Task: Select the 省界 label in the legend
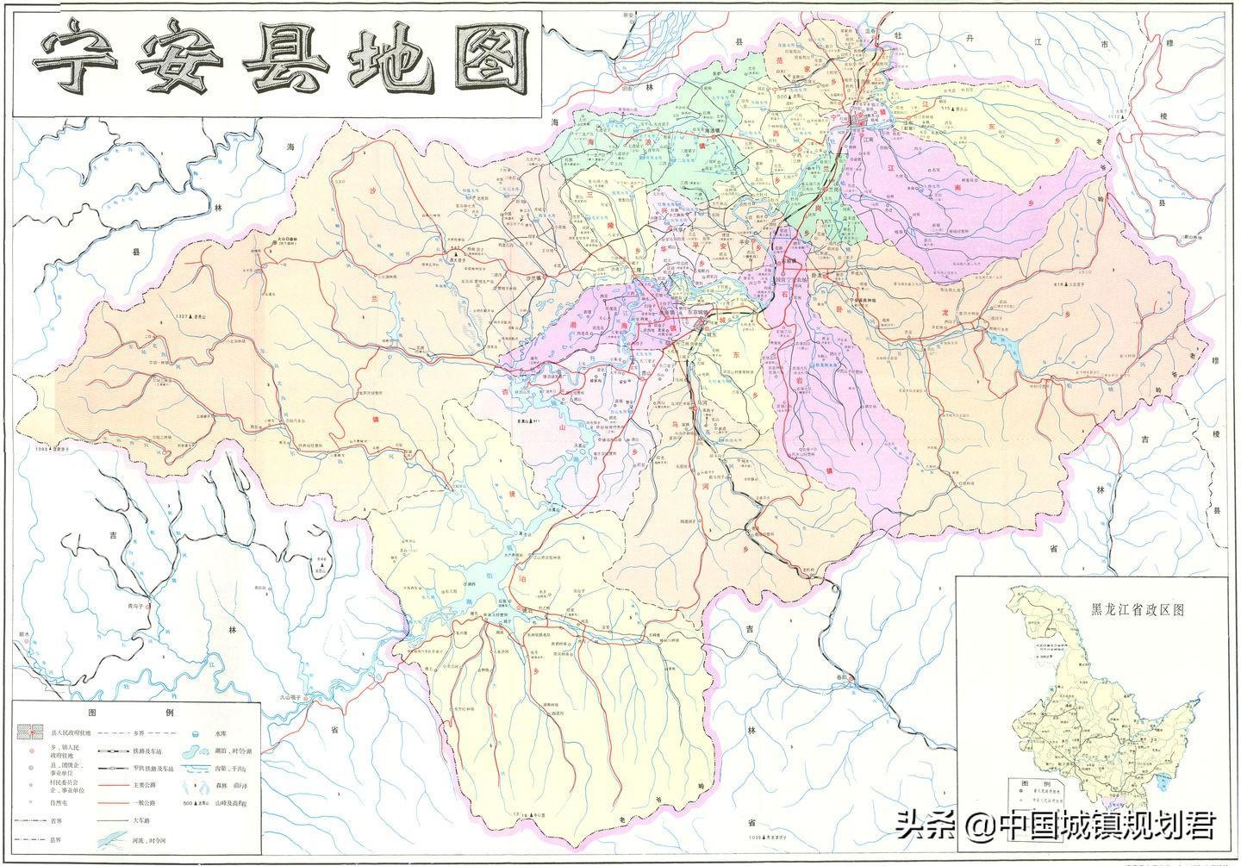pos(56,820)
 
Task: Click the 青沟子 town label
pos(135,606)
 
